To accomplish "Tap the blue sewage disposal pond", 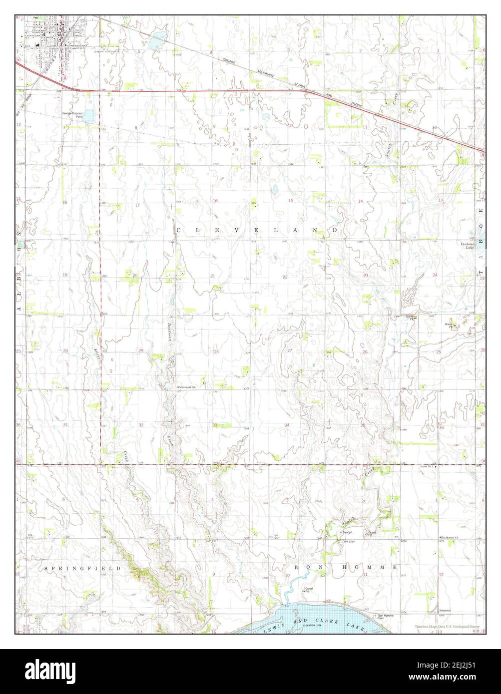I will tap(89, 116).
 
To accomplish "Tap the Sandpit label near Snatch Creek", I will tap(344, 533).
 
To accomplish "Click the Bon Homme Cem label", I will tap(387, 616).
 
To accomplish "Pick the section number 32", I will tap(141, 425).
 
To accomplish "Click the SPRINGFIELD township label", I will tap(82, 568).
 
